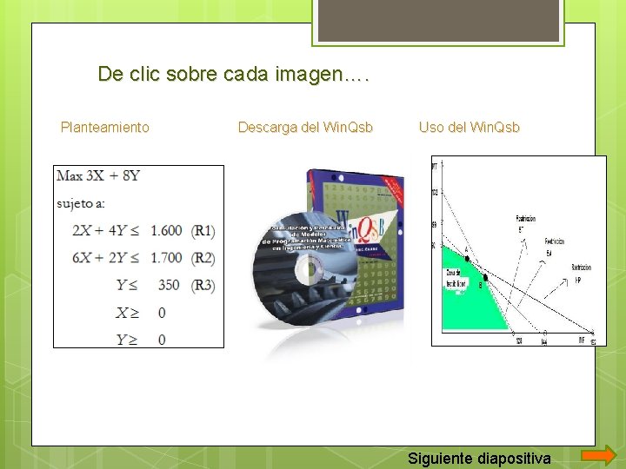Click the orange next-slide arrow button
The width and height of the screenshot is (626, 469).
(x=598, y=456)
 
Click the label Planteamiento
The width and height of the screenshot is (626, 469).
(x=105, y=128)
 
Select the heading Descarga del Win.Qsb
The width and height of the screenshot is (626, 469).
(x=305, y=128)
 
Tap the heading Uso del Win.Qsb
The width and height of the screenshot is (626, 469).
(x=469, y=128)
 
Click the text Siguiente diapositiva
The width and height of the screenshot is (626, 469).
(x=480, y=457)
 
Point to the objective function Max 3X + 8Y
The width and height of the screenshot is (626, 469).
(x=98, y=176)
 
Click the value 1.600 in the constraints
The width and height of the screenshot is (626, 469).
(x=166, y=231)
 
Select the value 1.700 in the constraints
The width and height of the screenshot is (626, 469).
(x=166, y=258)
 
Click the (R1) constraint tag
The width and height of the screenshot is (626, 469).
(x=203, y=231)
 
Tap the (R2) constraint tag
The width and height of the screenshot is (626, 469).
(x=203, y=258)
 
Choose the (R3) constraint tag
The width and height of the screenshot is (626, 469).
(x=203, y=285)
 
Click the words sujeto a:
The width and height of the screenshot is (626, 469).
(x=81, y=204)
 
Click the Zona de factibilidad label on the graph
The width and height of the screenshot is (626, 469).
(x=456, y=280)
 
